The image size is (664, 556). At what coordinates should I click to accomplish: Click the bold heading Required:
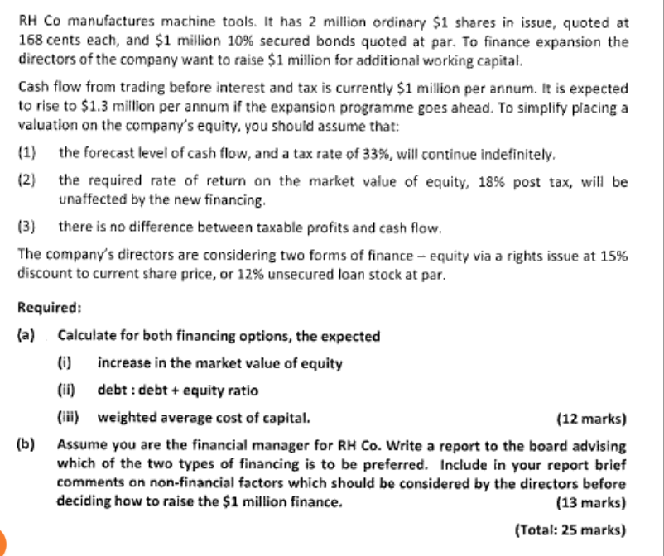tap(49, 308)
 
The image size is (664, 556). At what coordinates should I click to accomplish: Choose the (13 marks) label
tap(592, 501)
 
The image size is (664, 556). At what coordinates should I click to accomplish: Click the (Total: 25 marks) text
tap(570, 530)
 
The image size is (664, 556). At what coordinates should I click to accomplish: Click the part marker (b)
tap(26, 445)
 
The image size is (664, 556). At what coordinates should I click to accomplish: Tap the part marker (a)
tap(26, 336)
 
